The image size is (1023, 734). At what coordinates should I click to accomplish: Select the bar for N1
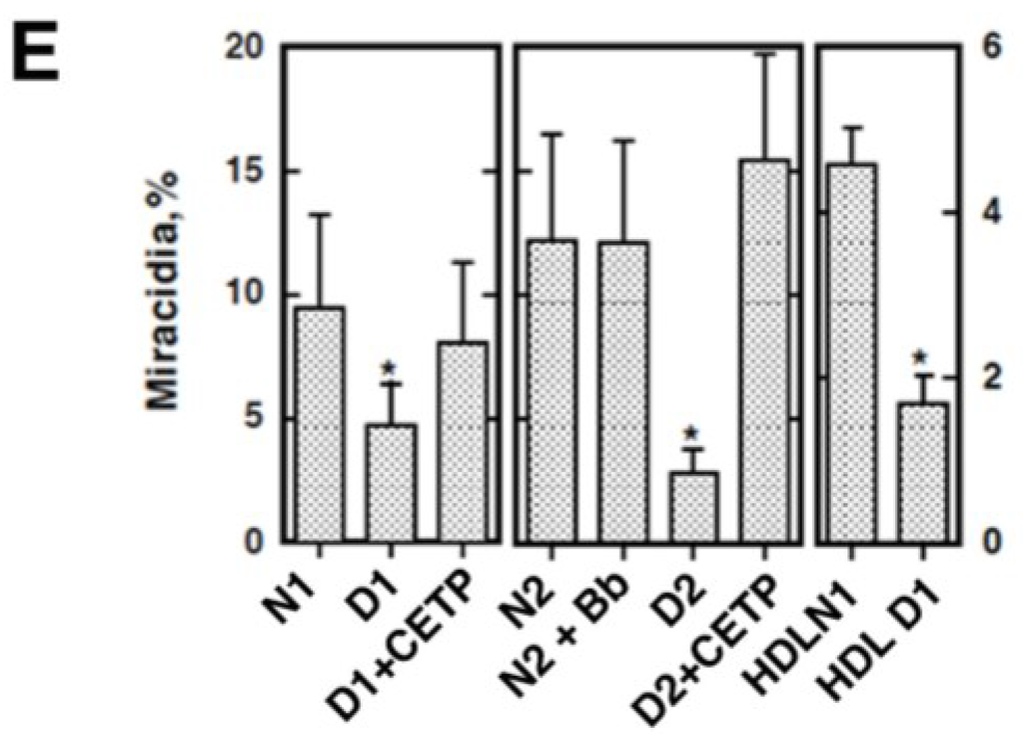(x=318, y=424)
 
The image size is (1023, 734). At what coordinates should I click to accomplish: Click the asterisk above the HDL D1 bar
(x=921, y=358)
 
